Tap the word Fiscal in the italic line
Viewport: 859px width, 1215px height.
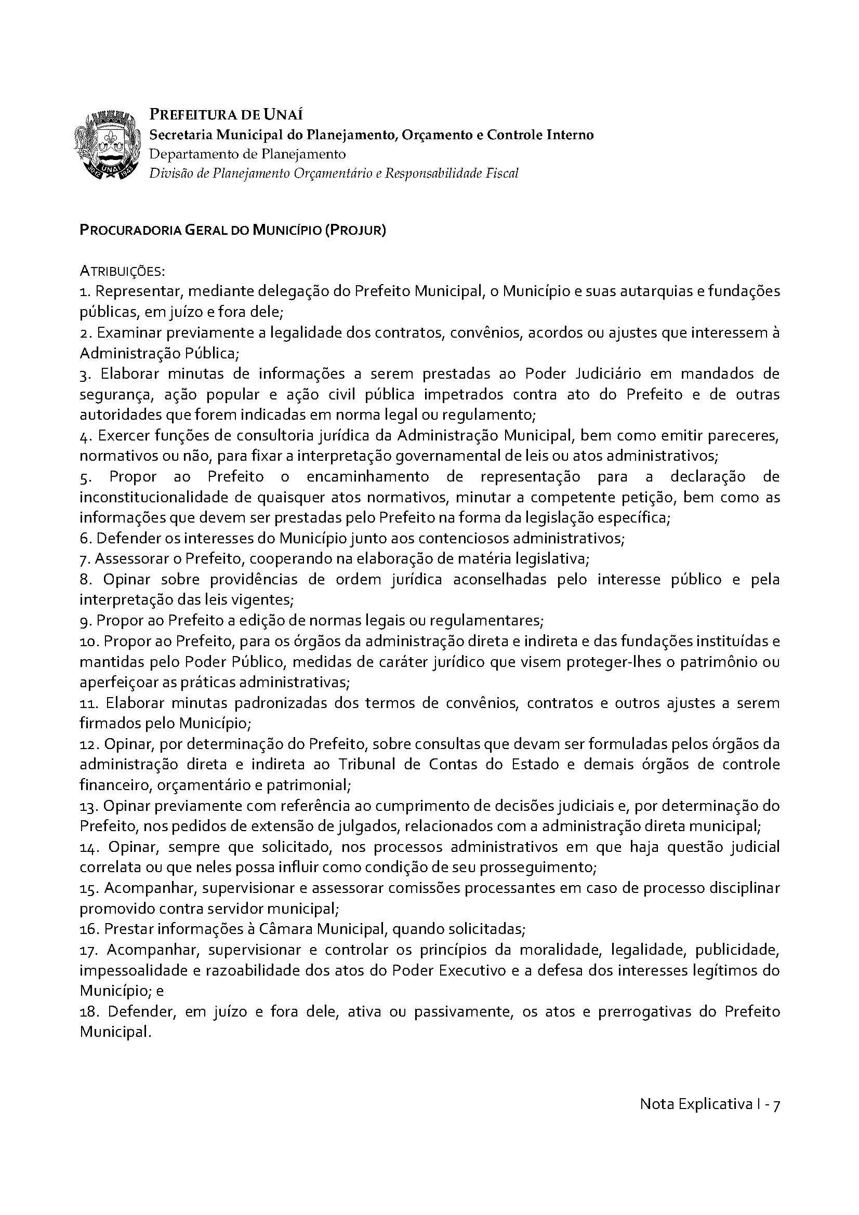503,173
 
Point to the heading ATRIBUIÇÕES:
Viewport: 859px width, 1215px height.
122,272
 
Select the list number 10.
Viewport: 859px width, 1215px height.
88,642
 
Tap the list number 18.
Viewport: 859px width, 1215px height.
88,1012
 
